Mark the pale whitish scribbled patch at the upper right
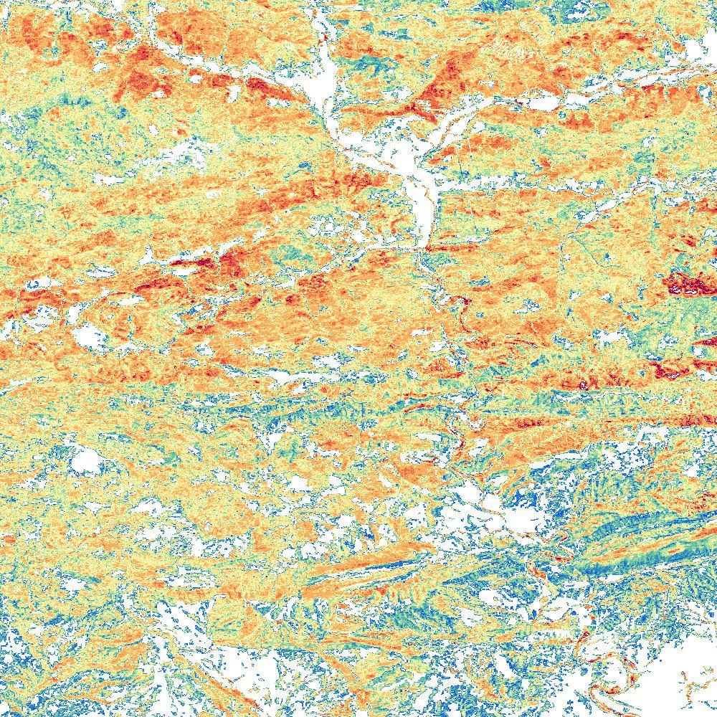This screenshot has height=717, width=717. tap(513, 50)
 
